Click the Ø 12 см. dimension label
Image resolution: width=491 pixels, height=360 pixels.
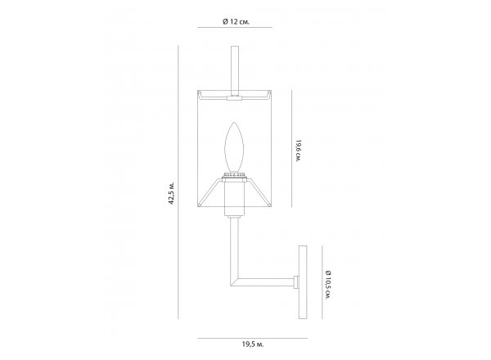pos(236,21)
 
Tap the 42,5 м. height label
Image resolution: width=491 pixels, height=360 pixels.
pos(172,193)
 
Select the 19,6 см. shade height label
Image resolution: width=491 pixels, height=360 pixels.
pos(298,151)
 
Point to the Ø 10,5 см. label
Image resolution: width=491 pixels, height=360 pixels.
pos(328,285)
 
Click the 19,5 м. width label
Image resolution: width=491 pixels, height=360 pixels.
pos(253,344)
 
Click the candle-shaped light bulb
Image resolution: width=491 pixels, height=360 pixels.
pos(235,147)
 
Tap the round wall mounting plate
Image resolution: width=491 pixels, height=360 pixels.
pos(303,282)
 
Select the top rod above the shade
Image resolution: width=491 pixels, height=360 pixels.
pos(235,70)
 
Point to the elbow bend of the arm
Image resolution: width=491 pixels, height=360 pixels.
pos(234,281)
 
